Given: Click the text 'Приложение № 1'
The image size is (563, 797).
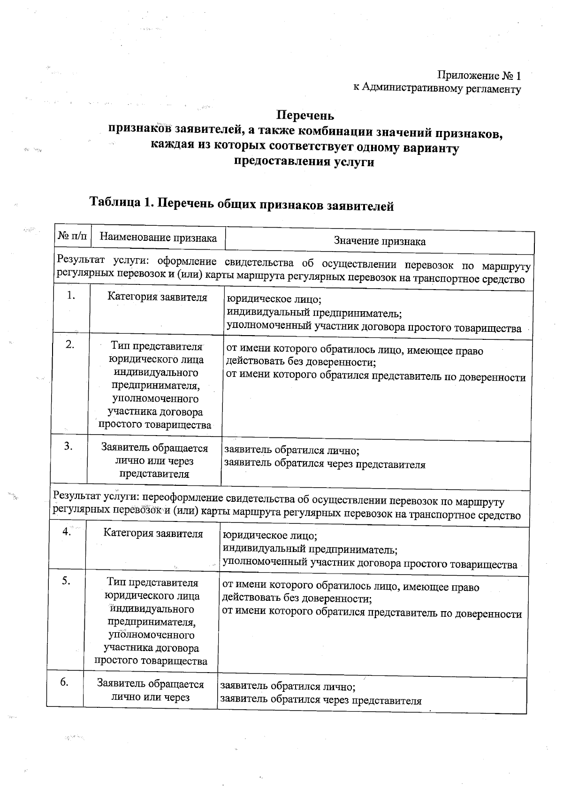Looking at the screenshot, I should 479,75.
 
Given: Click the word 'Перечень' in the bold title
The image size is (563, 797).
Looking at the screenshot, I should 304,115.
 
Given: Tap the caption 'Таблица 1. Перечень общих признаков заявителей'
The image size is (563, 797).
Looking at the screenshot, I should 241,203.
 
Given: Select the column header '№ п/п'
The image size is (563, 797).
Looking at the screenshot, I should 72,237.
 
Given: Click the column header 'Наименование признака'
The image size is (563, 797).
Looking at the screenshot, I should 158,238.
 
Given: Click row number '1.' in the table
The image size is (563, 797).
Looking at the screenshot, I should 71,295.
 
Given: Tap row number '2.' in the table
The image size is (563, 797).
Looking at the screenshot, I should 70,345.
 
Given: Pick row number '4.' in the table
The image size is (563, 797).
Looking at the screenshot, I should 67,531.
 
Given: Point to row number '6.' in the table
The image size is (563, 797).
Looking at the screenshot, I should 64,682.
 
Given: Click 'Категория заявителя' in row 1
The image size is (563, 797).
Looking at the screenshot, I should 157,297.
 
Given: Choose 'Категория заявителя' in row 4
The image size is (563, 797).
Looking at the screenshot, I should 153,533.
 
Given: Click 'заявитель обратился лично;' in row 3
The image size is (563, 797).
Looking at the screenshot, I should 291,451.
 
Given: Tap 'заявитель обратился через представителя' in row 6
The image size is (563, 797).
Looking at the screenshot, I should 321,701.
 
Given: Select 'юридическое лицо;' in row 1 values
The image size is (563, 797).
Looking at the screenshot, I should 274,299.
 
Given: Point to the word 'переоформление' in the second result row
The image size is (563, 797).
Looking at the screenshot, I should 183,498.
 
